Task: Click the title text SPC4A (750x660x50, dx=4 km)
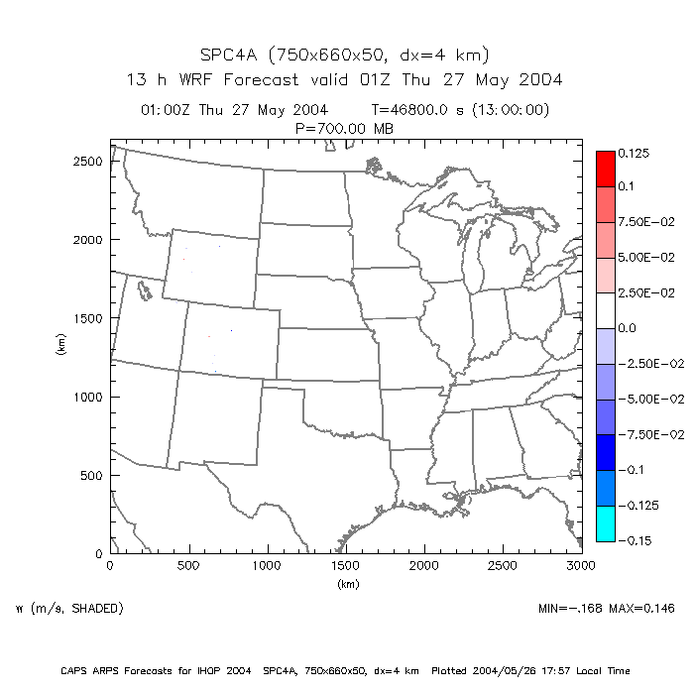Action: [x=345, y=55]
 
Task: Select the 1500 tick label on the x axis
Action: [x=346, y=566]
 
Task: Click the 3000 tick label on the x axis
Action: [x=581, y=566]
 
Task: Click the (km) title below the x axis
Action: [x=346, y=584]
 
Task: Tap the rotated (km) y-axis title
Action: [x=61, y=346]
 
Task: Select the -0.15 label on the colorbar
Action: [x=634, y=540]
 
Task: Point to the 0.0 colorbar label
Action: [x=627, y=327]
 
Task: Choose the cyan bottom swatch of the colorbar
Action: [x=605, y=523]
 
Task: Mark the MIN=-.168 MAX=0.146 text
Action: [x=609, y=607]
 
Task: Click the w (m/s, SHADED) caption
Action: [x=69, y=607]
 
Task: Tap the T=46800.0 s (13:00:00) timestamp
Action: [x=460, y=110]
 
